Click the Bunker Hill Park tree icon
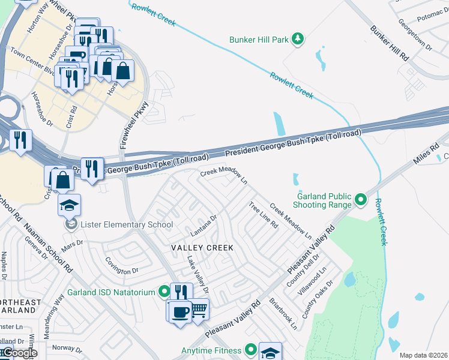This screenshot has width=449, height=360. [297, 40]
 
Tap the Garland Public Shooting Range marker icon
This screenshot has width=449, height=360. [360, 200]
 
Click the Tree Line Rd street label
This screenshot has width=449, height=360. [263, 215]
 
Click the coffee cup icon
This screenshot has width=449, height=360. [180, 311]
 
